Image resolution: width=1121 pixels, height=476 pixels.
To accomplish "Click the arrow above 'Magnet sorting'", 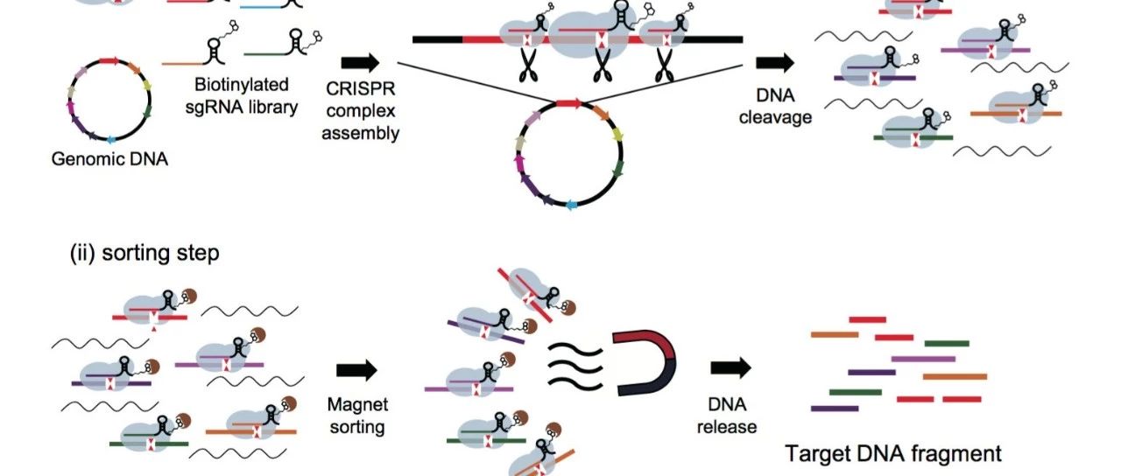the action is pos(356,370).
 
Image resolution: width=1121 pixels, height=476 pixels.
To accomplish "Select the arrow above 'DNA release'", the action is pos(730,367).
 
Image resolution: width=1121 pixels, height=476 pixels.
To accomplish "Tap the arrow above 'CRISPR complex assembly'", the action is pos(360,62).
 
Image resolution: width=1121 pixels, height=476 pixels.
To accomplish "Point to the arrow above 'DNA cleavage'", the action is pos(775,62).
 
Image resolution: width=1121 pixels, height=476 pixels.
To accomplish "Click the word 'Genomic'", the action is pos(83,159).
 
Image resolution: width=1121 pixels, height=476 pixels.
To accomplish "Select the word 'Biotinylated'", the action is pos(241,85).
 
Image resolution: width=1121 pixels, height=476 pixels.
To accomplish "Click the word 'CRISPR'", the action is pos(360,88).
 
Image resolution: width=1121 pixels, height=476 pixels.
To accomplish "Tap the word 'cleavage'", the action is pos(775,117).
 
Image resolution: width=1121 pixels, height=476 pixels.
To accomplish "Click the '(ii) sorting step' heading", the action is pos(145,253).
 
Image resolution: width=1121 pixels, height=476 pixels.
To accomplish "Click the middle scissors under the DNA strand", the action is pos(602,65).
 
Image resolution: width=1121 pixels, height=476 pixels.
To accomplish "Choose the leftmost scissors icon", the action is pos(528,65).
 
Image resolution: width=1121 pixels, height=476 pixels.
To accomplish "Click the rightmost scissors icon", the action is pos(665,65).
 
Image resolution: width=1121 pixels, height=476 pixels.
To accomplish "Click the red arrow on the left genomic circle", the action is pos(109,61).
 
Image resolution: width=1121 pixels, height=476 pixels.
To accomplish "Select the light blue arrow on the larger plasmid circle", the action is pos(571,204).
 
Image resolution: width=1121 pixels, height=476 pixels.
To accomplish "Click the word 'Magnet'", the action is pos(357,404).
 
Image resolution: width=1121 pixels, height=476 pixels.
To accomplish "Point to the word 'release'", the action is pos(727,427).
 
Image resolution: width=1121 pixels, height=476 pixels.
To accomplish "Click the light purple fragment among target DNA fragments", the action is pos(923,359).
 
